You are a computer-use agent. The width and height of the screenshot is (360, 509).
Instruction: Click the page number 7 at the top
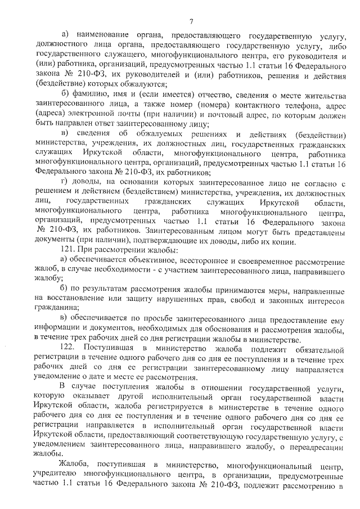(191, 22)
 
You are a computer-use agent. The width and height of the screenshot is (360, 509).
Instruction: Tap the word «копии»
(282, 241)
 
